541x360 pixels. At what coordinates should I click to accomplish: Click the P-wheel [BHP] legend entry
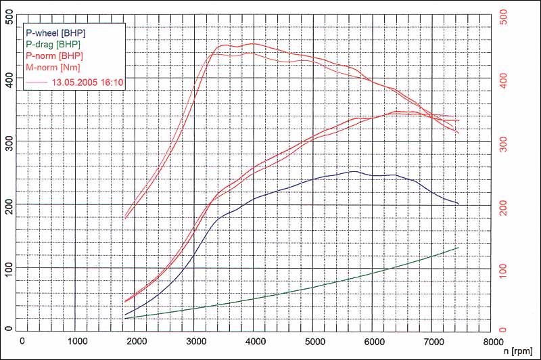coord(56,32)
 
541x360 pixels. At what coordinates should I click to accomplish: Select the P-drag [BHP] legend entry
coord(53,44)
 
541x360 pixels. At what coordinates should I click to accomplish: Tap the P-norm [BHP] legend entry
coord(55,55)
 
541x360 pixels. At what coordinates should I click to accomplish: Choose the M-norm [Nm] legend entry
coord(53,67)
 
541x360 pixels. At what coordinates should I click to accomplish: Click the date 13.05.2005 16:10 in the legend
coord(87,82)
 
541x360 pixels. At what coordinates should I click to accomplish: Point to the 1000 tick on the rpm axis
coord(77,341)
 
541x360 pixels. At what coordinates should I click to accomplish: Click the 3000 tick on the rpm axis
coord(196,341)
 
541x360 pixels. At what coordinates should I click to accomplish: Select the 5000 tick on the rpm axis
coord(315,341)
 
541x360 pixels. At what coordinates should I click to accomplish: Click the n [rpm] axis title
coord(517,351)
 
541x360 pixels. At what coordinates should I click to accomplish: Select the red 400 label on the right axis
coord(503,80)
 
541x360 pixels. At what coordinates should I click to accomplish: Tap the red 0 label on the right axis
coord(503,330)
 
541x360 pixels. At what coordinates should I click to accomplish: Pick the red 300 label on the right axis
coord(503,143)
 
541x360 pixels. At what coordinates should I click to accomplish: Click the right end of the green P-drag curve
coord(458,248)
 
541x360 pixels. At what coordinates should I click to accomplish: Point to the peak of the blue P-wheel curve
coord(354,171)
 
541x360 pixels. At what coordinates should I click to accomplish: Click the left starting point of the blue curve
coord(125,315)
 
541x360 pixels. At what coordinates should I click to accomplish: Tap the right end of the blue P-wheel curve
coord(458,204)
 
